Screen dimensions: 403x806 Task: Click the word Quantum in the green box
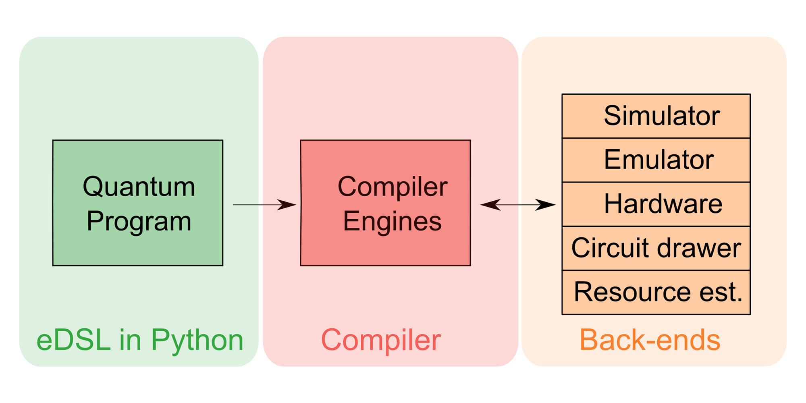pos(139,187)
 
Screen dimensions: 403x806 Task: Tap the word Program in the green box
pos(139,221)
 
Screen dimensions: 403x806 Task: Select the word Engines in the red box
pos(392,221)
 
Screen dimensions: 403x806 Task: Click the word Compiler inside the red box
pos(392,187)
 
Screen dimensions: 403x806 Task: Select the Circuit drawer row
pos(656,248)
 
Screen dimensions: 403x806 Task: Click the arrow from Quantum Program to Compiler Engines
pos(264,205)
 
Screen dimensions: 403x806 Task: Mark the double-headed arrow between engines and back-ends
pos(518,205)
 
